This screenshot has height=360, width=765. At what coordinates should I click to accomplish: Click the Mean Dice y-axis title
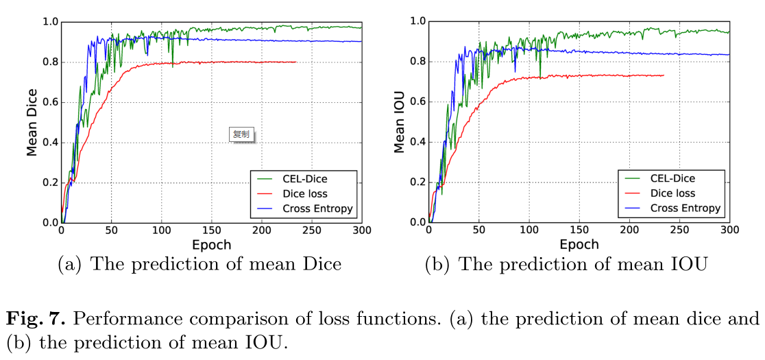32,122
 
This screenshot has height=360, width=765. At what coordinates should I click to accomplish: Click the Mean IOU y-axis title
399,122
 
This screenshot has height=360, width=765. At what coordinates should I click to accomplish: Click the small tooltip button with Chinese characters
241,134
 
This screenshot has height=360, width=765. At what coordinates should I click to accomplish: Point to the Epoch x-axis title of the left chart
212,245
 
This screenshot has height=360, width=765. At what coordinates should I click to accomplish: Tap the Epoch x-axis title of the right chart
579,245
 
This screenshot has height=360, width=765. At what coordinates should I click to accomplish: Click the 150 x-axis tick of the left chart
212,231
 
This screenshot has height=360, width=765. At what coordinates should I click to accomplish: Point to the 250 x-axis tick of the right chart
679,231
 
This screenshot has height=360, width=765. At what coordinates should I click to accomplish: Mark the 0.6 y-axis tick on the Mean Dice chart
49,102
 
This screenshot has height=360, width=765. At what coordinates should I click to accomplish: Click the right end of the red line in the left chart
296,62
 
